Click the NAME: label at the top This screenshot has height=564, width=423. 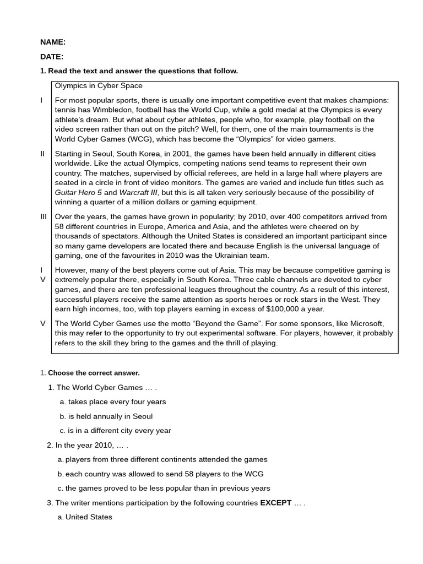53,42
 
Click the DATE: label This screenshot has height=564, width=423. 52,56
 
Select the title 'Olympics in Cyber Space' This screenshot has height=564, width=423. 99,85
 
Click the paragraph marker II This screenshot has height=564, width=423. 42,153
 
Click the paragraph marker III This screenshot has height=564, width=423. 44,216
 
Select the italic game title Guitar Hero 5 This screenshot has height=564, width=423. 78,192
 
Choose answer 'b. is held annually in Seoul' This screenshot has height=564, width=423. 106,416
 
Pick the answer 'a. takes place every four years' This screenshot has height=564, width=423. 113,402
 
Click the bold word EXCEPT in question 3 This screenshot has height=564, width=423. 275,502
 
